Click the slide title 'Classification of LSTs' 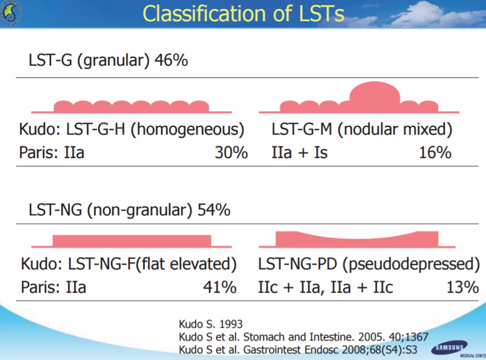[x=243, y=13]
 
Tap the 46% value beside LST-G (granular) [x=171, y=60]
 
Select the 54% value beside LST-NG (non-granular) [x=214, y=210]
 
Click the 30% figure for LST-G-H [x=231, y=152]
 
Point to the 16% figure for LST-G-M [x=435, y=152]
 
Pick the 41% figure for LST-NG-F [x=220, y=287]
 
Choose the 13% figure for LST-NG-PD [x=463, y=287]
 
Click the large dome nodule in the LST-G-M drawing [x=375, y=93]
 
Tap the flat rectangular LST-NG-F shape [x=132, y=241]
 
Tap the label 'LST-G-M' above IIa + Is [x=302, y=129]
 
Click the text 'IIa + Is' [x=300, y=152]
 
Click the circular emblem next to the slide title [x=11, y=13]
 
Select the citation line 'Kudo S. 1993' [x=211, y=324]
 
